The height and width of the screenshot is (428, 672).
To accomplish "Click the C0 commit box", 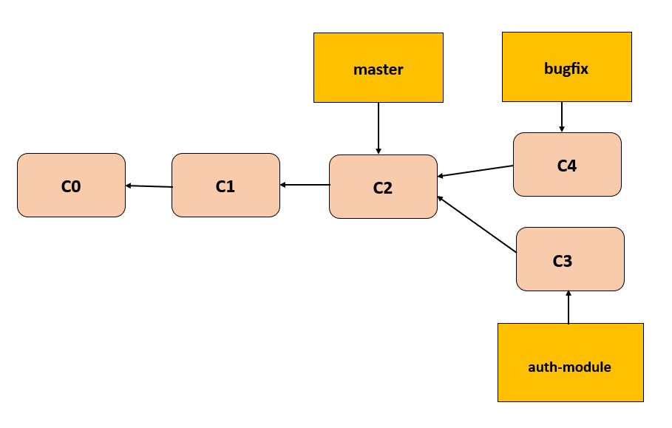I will click(71, 185).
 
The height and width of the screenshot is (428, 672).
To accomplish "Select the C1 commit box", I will click(225, 186).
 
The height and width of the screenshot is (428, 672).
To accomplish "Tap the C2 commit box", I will click(383, 187).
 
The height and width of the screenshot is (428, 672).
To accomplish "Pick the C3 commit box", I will click(570, 259).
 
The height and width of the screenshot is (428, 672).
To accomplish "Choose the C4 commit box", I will click(567, 164).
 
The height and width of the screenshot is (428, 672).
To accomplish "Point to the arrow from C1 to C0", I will click(149, 186).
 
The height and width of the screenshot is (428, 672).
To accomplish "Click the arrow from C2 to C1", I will click(305, 185).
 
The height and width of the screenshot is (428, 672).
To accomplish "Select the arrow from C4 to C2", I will click(475, 171).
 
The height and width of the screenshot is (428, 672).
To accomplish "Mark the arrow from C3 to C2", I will click(477, 225).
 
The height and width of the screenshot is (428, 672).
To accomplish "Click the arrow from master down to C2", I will click(379, 128).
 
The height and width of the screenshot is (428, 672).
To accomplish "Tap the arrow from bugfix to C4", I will click(562, 117).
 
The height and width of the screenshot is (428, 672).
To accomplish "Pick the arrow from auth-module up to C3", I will click(569, 307).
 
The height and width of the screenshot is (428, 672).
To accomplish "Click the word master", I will click(379, 70).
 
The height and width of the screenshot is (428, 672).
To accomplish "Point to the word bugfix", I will click(566, 69).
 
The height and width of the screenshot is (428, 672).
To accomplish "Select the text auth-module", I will click(569, 367).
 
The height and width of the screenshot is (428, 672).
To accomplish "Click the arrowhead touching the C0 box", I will click(129, 186).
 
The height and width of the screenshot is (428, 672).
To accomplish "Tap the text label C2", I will click(383, 188).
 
